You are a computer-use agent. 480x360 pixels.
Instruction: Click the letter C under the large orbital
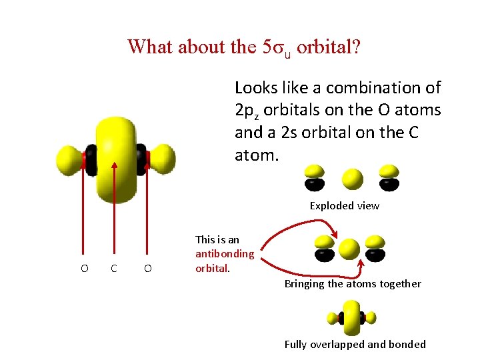tap(115, 268)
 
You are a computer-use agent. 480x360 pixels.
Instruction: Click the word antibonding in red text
tap(224, 254)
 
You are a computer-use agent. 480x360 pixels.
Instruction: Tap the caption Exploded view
tap(344, 206)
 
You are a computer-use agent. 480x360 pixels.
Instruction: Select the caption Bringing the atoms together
tap(353, 284)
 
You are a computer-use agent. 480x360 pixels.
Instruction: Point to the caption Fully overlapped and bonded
tap(355, 345)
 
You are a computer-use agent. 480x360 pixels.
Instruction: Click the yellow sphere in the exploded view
tap(352, 179)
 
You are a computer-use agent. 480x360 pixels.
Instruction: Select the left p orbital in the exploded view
tap(315, 177)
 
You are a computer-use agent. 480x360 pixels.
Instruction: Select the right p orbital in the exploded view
tap(389, 177)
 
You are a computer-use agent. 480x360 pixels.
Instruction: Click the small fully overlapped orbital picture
tap(353, 318)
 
